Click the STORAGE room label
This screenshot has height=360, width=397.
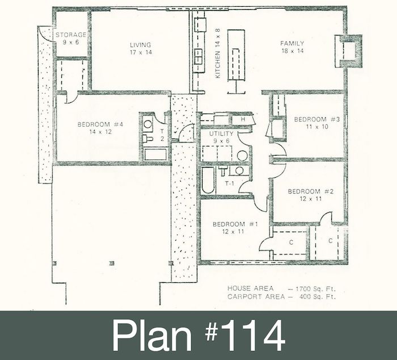click(x=71, y=35)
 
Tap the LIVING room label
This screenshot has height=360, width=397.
click(x=141, y=45)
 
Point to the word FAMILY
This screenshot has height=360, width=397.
click(x=292, y=43)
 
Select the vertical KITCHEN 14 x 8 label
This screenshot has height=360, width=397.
click(x=217, y=53)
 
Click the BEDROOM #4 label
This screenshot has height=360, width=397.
click(x=100, y=124)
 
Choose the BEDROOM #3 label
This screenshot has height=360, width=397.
click(x=316, y=119)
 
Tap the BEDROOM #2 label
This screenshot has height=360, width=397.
click(x=311, y=191)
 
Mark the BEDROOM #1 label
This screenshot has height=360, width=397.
click(x=235, y=224)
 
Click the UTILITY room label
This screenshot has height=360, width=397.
click(x=221, y=133)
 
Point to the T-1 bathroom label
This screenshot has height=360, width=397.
click(x=230, y=183)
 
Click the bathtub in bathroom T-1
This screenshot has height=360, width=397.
click(x=208, y=180)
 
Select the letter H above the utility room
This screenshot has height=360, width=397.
click(x=243, y=120)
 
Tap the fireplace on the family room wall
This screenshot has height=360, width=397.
click(x=349, y=51)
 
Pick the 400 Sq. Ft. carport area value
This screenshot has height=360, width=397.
click(x=318, y=296)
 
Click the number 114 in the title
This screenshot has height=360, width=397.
click(x=252, y=335)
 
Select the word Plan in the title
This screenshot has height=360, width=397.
click(x=152, y=335)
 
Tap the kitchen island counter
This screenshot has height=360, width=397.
click(x=236, y=55)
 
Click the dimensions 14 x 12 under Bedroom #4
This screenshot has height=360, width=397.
click(x=100, y=132)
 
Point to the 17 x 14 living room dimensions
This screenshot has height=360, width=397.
click(x=141, y=52)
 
